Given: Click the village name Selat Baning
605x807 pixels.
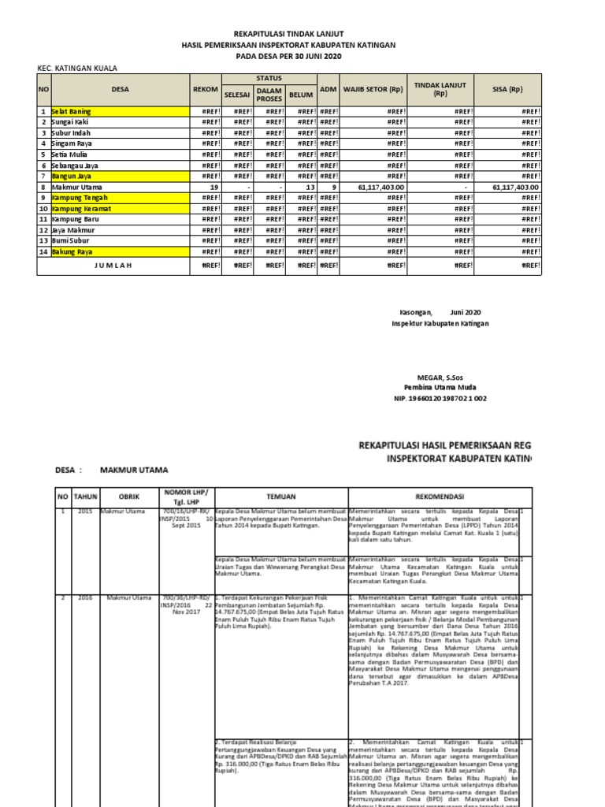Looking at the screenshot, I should [x=72, y=112].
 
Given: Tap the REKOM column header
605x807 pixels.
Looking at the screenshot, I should [x=205, y=89].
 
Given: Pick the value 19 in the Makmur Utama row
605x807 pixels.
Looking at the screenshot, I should [x=213, y=187].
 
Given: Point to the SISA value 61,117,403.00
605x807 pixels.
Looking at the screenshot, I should [x=515, y=187].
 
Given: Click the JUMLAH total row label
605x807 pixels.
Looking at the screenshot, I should [x=113, y=265].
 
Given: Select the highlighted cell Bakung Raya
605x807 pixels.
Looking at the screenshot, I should [x=72, y=251].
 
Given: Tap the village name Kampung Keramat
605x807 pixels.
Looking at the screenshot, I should [x=81, y=208].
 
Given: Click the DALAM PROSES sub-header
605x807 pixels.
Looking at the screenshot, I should [x=269, y=95].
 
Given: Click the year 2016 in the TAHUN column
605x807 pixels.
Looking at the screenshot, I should [x=84, y=598].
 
